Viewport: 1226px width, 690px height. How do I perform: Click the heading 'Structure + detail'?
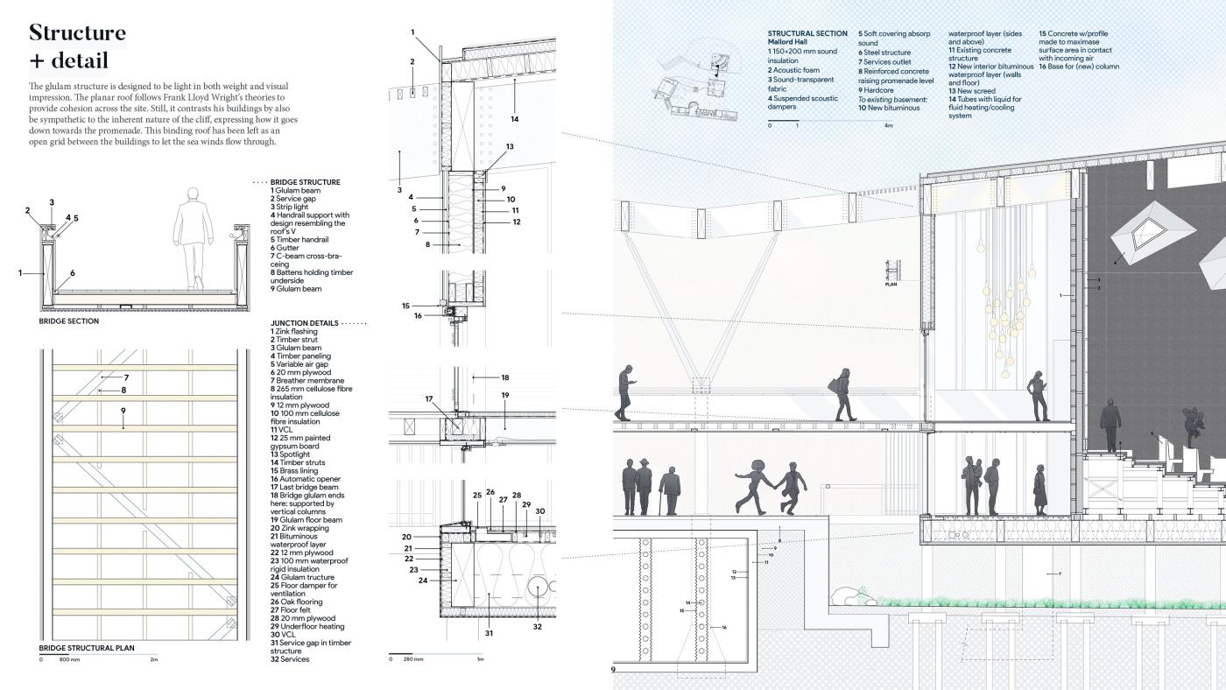tap(77, 46)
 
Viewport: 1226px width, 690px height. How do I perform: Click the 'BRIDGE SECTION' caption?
tap(69, 321)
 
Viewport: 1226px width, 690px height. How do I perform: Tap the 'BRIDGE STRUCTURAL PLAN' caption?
tap(87, 648)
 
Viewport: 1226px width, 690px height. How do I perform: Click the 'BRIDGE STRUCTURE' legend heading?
tap(305, 182)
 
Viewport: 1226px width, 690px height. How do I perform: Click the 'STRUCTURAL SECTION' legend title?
tap(807, 33)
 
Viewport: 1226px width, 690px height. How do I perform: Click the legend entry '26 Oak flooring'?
tap(299, 602)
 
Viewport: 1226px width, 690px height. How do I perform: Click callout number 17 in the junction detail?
tap(429, 399)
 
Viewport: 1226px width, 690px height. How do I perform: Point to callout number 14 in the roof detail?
tap(515, 118)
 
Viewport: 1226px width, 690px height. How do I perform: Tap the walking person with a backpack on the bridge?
tap(843, 394)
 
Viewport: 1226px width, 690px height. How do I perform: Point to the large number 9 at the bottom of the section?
tap(615, 670)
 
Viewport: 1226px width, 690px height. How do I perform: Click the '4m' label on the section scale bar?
tap(887, 125)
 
